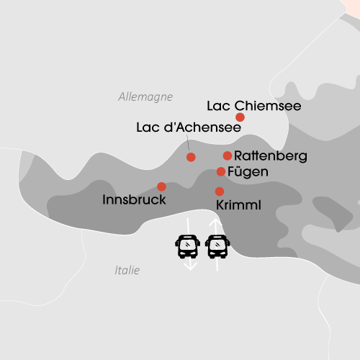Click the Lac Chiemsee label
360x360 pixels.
click(253, 106)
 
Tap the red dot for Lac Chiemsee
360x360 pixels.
click(240, 117)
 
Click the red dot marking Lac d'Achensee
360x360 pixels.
click(191, 157)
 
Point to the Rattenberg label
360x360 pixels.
click(271, 156)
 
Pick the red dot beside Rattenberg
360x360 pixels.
click(228, 156)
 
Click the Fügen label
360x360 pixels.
click(247, 172)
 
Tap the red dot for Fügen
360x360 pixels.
click(221, 171)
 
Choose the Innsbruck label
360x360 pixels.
click(135, 199)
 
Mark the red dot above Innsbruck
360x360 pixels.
click(161, 186)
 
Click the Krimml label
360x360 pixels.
click(238, 206)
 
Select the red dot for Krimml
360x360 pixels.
click(220, 191)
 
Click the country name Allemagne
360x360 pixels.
click(140, 96)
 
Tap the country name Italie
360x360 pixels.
click(127, 271)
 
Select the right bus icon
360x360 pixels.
click(217, 246)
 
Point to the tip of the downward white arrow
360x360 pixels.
click(190, 269)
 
